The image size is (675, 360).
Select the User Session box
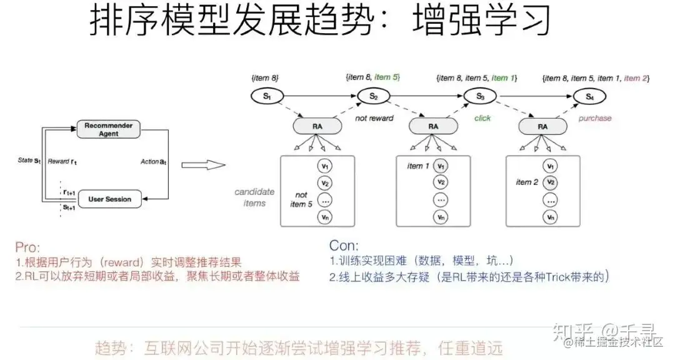tap(109, 199)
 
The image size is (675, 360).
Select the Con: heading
tap(344, 246)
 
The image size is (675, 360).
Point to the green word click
tap(482, 117)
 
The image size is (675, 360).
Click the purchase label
tap(594, 117)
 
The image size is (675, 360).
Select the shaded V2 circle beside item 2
tap(550, 182)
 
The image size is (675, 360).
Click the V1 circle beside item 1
tap(441, 166)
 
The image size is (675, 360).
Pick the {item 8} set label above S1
tap(264, 78)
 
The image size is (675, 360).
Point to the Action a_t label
tap(153, 162)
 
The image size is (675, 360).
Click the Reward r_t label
tap(62, 162)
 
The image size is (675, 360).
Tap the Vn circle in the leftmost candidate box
tap(324, 217)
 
